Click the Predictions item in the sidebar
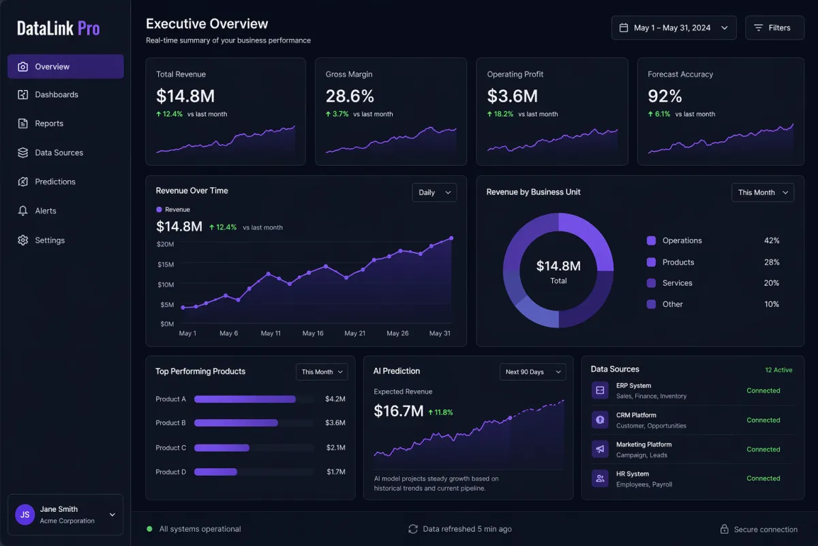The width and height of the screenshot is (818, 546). pos(55,182)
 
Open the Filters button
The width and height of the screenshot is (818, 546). pos(774,28)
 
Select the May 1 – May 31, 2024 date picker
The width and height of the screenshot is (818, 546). pos(673,28)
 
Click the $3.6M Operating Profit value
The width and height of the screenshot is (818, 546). pos(513,96)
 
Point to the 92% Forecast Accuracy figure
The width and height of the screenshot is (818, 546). pos(665,96)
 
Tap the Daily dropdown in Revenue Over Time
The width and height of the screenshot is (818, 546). pos(434,192)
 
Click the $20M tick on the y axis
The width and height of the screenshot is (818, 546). pos(165,244)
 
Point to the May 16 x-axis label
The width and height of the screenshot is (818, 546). pos(313,333)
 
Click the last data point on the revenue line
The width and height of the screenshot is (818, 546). pos(451,238)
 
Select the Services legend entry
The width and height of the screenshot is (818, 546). pos(677,283)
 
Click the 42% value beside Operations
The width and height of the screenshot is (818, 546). pos(772,241)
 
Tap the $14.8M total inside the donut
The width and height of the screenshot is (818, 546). pos(558,266)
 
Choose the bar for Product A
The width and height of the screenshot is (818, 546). pos(245,399)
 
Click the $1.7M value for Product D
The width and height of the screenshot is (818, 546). pos(335,472)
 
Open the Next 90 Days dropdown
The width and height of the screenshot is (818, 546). pos(532,372)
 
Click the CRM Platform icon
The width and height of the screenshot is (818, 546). pos(600,420)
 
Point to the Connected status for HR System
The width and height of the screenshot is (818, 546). pos(763,478)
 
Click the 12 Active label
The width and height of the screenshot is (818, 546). pos(778,370)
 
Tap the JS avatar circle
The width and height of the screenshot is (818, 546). pos(25,515)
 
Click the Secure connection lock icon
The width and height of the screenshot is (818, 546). pos(725,530)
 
